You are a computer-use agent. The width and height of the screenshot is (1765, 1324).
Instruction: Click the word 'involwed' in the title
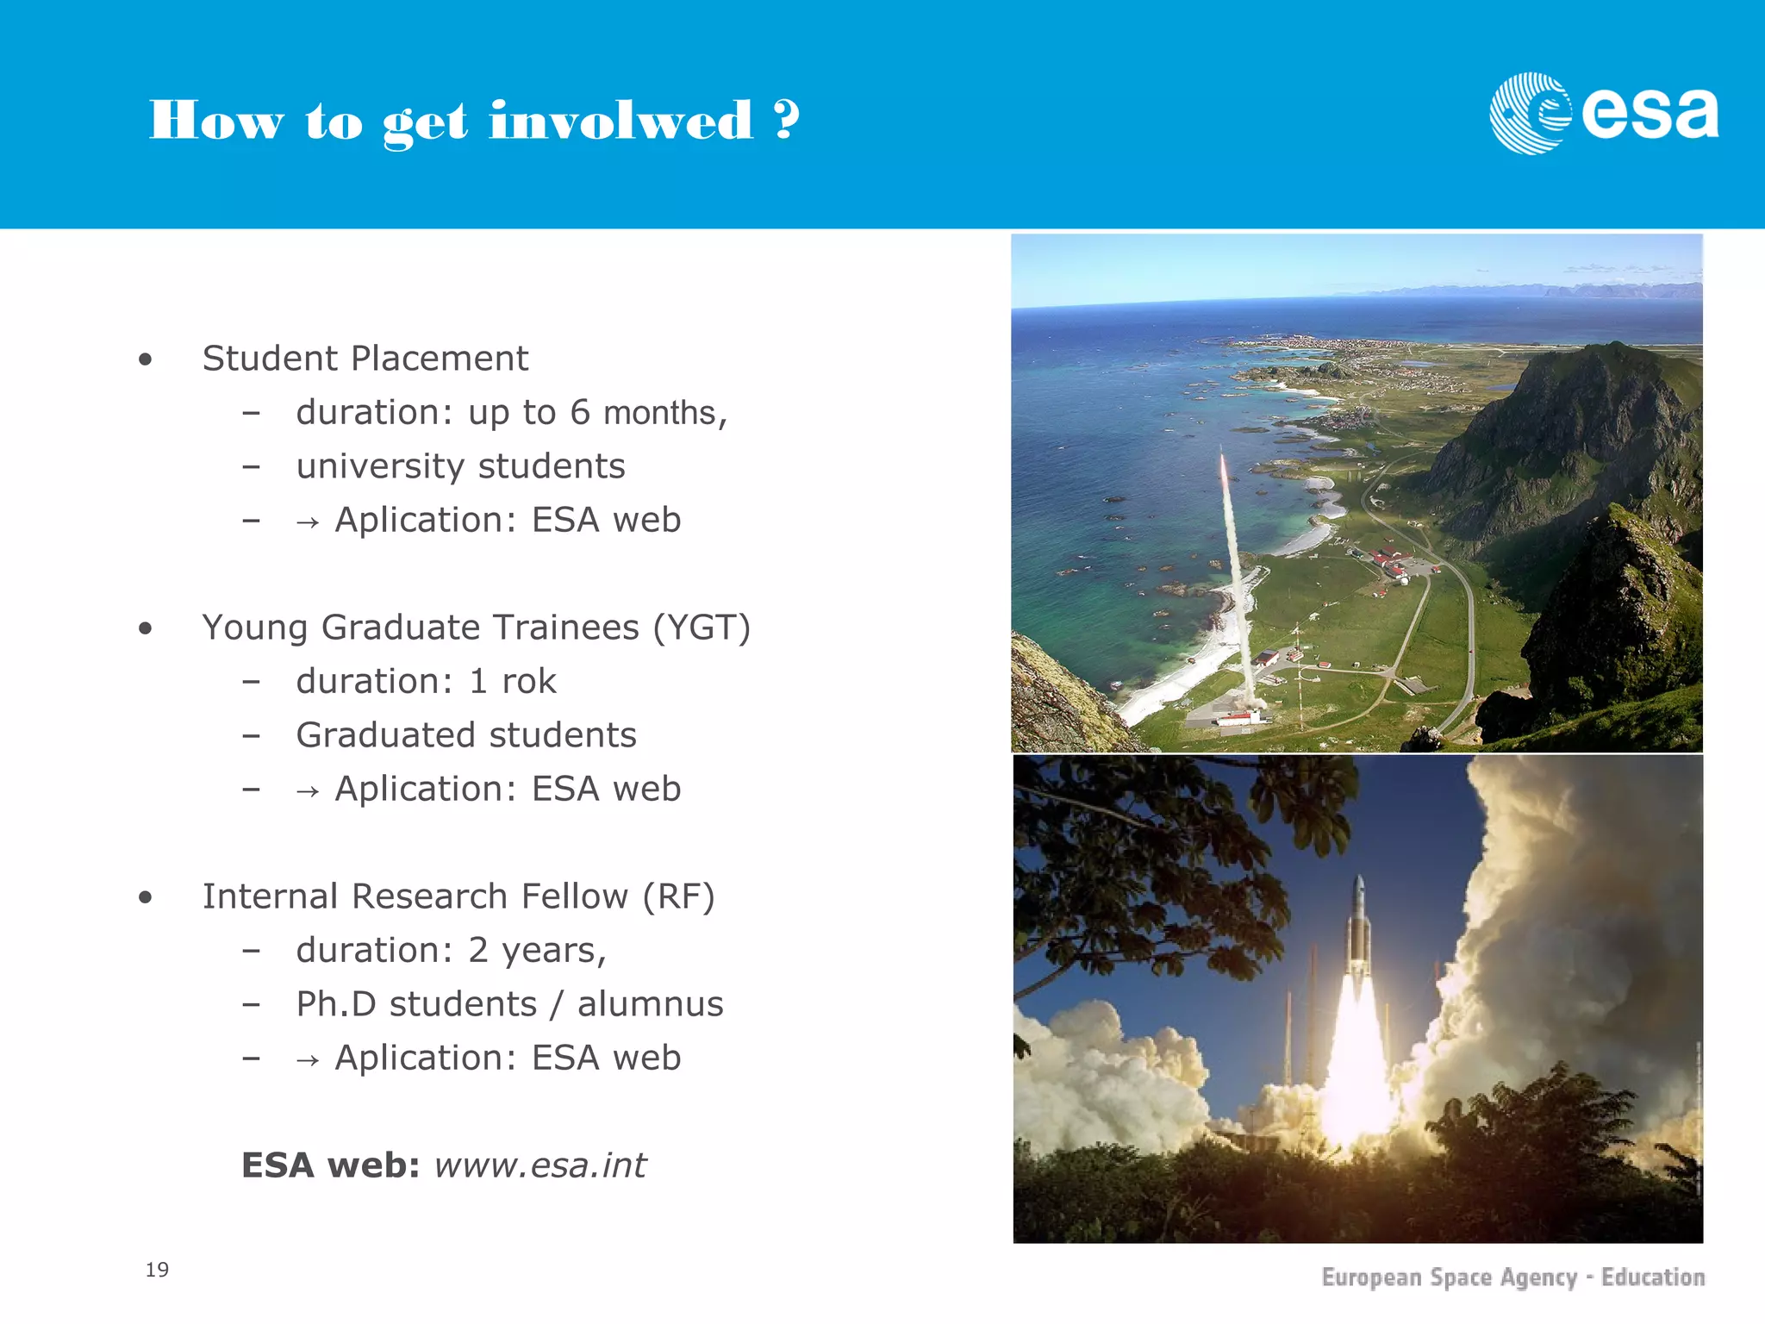[621, 121]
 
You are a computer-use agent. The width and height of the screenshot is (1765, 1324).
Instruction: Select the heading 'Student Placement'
[365, 359]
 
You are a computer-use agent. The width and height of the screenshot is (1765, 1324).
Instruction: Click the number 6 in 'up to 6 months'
[579, 412]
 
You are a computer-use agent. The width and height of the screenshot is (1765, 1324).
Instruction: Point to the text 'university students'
[460, 466]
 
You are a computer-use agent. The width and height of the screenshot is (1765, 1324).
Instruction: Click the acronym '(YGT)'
[702, 628]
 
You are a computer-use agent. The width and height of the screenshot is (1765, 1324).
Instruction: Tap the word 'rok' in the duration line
[528, 681]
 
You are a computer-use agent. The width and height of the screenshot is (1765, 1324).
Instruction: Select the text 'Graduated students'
[466, 735]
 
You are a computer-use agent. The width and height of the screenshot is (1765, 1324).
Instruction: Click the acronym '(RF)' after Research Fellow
[678, 896]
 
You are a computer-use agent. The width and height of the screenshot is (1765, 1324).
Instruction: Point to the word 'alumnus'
[650, 1004]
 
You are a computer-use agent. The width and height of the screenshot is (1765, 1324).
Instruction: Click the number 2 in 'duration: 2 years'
[478, 950]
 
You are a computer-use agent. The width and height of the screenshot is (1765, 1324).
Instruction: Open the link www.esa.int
[539, 1165]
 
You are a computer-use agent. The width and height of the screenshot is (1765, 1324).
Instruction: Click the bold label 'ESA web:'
[330, 1165]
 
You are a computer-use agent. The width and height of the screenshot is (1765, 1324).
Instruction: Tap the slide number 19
[157, 1270]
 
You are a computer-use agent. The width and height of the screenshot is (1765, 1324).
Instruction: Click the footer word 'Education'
[1652, 1277]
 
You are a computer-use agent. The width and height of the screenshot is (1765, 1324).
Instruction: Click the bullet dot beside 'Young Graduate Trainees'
[145, 629]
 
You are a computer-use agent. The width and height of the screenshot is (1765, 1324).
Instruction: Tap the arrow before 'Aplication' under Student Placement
[308, 522]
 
